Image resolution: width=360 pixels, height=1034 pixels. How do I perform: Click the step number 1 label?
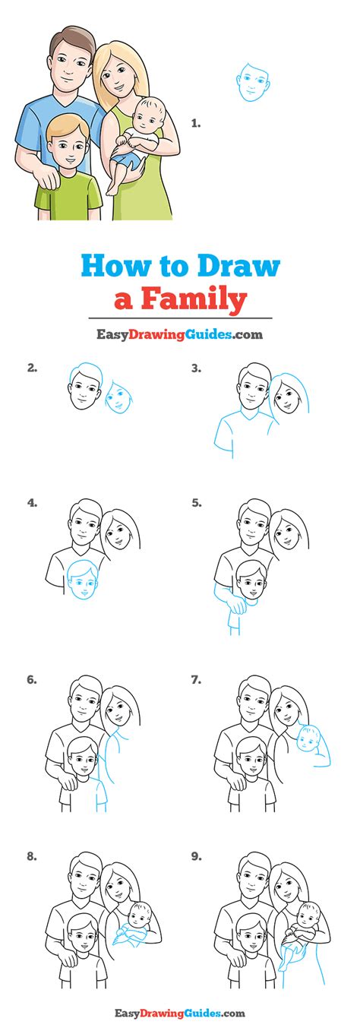[196, 123]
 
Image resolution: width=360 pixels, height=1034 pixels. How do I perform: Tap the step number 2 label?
[32, 368]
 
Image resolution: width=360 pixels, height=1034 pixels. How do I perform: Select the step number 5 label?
[197, 503]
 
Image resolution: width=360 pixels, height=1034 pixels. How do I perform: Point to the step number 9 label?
[197, 856]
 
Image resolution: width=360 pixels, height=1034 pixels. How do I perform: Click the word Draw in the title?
[238, 267]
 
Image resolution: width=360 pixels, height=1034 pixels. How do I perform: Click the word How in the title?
[113, 267]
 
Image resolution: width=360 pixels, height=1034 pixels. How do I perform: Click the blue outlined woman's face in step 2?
[118, 397]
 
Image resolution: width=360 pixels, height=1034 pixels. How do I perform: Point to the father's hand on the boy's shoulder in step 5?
[238, 605]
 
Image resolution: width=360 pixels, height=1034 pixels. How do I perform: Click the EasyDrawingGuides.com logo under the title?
[179, 335]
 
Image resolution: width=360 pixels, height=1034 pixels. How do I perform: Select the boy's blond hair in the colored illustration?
[68, 127]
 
